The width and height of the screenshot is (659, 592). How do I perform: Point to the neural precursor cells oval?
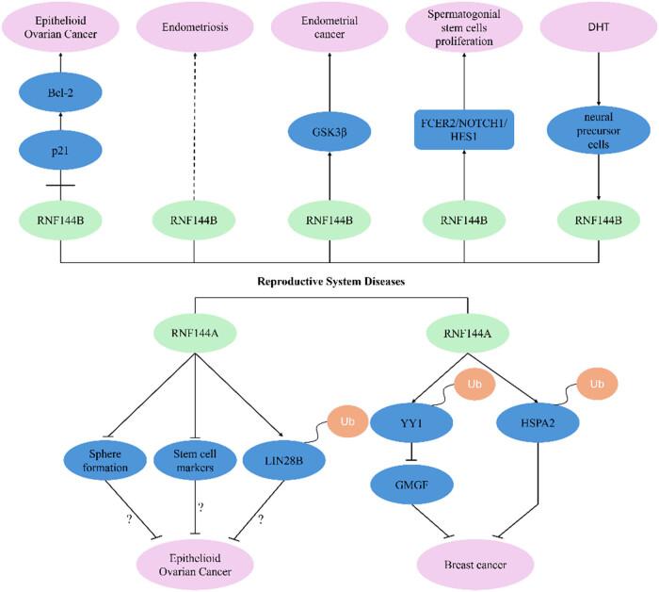tap(598, 134)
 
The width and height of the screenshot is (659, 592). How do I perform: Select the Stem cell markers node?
tap(194, 459)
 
